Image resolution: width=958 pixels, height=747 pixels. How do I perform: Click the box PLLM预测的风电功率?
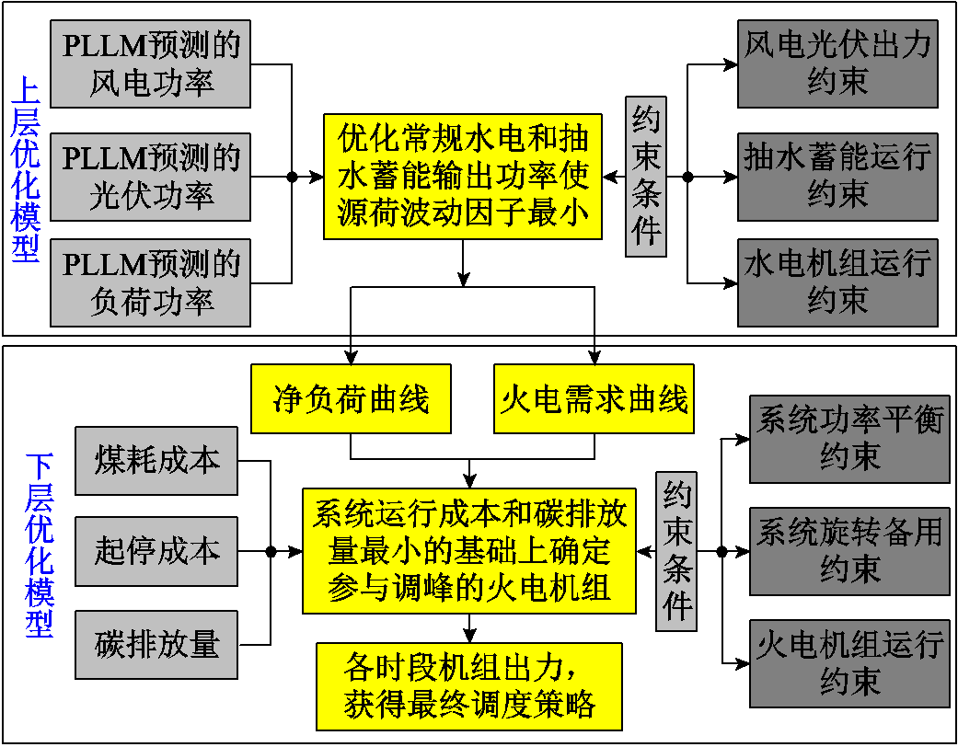[151, 64]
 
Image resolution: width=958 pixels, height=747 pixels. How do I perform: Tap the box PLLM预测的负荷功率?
[151, 283]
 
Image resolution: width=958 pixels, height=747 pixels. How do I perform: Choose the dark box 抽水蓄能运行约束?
[837, 175]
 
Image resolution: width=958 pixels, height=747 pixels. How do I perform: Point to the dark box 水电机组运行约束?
[837, 282]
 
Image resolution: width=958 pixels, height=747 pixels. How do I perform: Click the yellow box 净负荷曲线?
[351, 399]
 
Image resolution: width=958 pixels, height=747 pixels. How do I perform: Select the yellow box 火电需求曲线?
[594, 399]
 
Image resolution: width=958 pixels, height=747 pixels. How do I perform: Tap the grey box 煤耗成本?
[156, 461]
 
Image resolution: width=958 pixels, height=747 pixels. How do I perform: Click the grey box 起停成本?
[156, 552]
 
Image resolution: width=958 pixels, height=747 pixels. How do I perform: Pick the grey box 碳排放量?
[156, 644]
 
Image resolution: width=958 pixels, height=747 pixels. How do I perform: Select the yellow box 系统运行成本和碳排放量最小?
[469, 551]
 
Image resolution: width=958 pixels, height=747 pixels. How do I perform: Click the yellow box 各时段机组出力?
[469, 686]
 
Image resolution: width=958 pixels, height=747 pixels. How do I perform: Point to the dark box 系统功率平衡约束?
[848, 439]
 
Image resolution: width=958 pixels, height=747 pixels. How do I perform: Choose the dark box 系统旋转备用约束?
[848, 550]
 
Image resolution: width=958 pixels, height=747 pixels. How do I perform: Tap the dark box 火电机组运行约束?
[848, 663]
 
